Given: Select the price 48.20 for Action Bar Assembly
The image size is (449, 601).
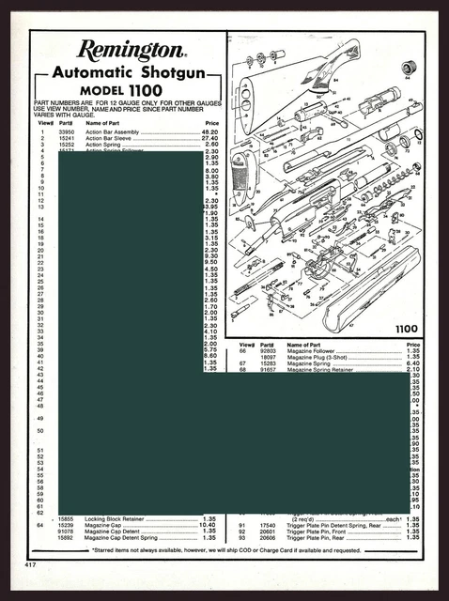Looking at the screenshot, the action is point(211,131).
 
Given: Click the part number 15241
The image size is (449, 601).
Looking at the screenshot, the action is point(66,137).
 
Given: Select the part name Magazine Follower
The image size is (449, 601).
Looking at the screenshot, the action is point(314,351).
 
